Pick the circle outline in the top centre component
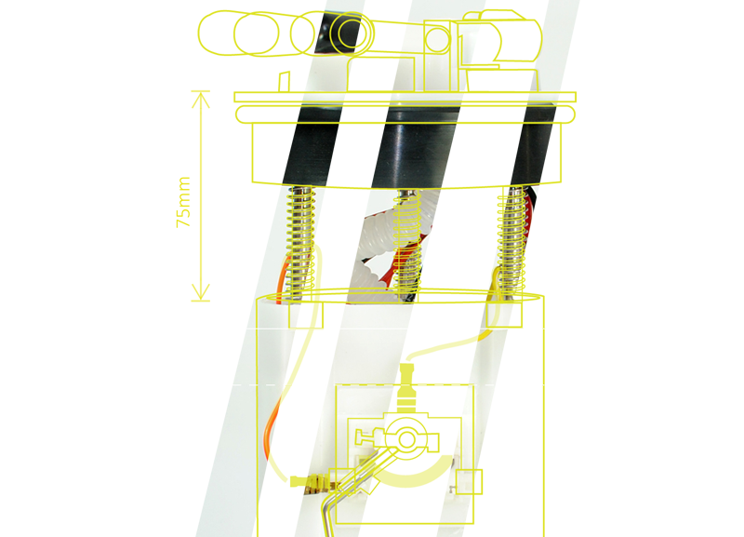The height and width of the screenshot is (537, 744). [433, 37]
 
